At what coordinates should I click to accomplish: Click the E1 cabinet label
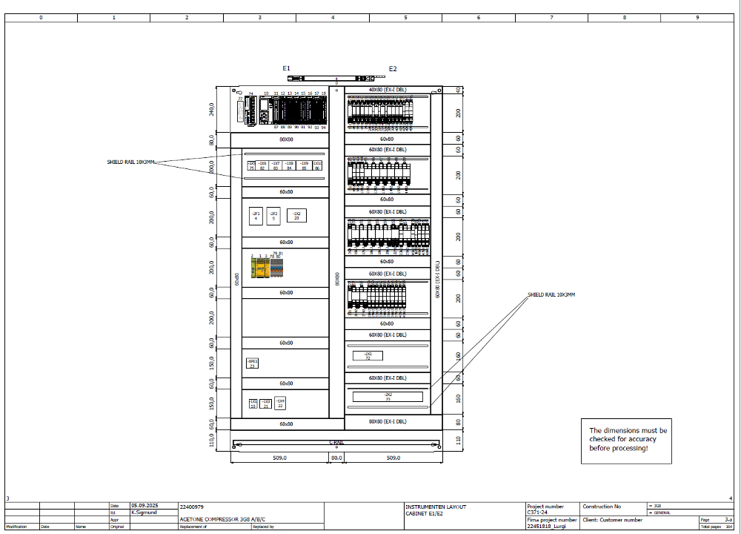tap(286, 68)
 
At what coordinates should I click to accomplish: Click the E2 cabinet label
tap(393, 69)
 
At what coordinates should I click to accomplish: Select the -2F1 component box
tap(256, 215)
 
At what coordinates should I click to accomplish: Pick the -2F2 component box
tap(273, 215)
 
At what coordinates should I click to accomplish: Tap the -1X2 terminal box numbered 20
tap(296, 215)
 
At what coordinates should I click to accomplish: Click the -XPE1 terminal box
tap(252, 363)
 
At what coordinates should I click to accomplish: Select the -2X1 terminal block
tap(368, 355)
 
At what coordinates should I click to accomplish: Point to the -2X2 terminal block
tap(388, 396)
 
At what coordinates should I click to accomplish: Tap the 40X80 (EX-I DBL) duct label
tap(387, 90)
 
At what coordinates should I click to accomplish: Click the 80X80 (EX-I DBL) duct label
tap(387, 421)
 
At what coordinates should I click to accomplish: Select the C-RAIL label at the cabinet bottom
tap(336, 443)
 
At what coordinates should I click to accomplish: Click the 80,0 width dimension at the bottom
tap(336, 458)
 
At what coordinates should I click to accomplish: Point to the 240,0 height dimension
tap(212, 110)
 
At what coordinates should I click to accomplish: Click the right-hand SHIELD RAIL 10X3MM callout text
tap(551, 295)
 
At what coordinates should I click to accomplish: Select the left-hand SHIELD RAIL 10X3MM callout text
tap(131, 162)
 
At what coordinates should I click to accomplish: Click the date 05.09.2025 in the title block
tap(144, 506)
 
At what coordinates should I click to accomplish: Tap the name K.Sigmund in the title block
tap(143, 512)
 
